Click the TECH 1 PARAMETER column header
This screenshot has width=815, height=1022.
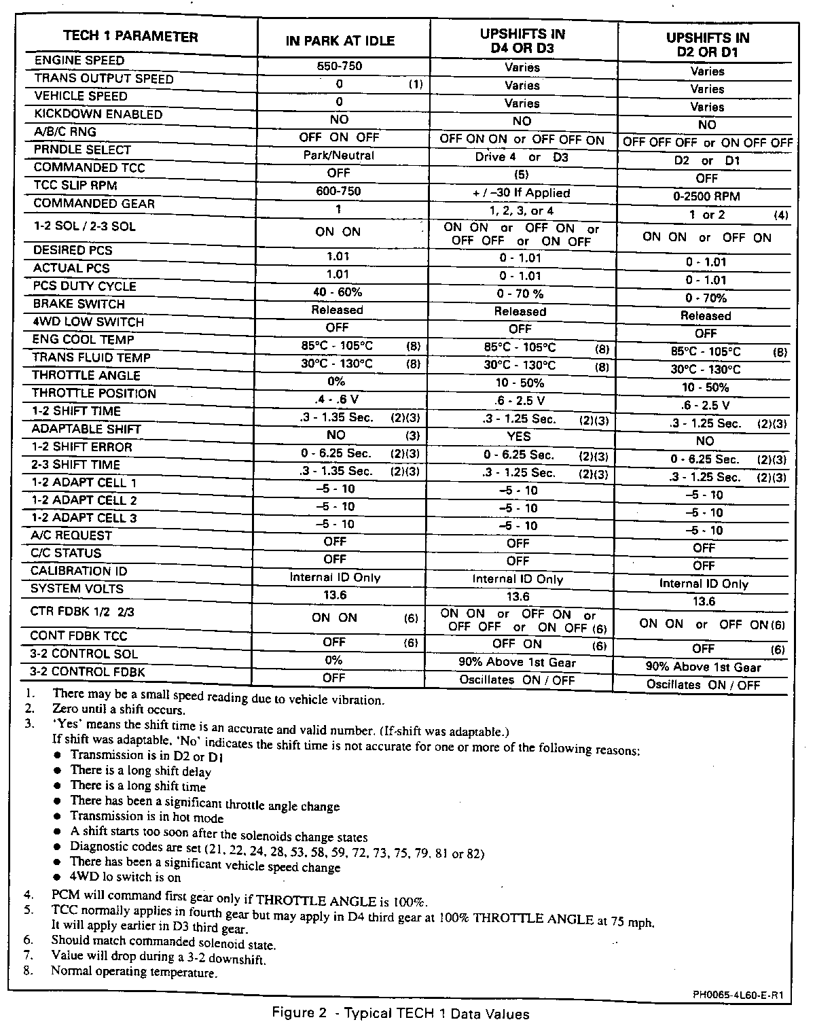click(130, 37)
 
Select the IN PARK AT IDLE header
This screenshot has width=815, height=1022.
click(340, 41)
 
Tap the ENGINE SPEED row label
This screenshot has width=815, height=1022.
click(79, 60)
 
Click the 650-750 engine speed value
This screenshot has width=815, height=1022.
click(340, 67)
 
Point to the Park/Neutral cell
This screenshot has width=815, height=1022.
click(339, 156)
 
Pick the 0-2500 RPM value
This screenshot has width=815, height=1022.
click(706, 197)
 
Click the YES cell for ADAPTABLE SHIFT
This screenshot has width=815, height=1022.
click(519, 436)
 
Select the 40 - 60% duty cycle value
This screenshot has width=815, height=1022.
click(338, 292)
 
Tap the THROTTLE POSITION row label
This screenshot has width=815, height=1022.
click(94, 393)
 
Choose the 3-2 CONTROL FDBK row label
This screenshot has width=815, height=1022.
click(88, 672)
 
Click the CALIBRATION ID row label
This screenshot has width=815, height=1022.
click(79, 571)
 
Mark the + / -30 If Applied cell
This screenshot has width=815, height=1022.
click(521, 193)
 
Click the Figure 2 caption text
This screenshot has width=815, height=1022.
click(401, 1013)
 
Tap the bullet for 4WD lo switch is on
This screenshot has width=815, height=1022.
click(58, 877)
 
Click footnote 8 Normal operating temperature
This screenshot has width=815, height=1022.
click(134, 972)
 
